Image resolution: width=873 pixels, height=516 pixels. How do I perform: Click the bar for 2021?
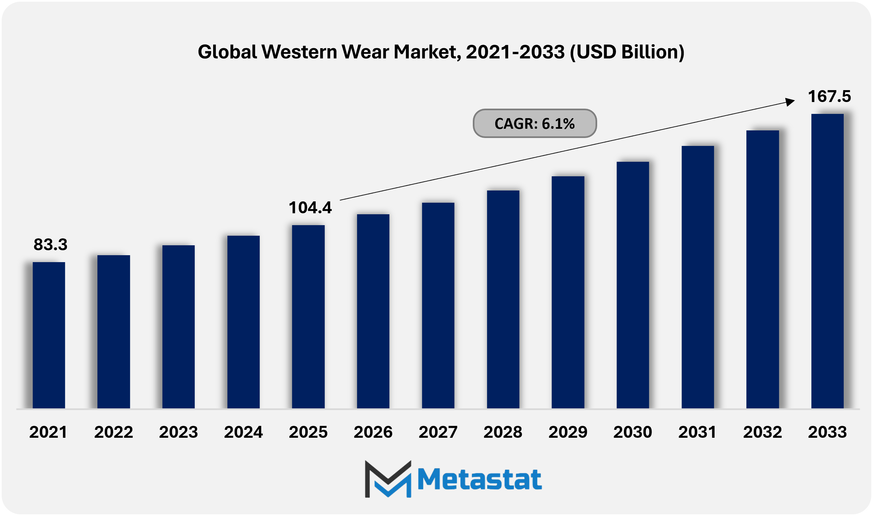[48, 335]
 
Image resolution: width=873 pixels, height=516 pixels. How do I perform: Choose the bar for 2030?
[632, 285]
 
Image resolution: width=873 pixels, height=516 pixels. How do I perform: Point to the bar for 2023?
[178, 327]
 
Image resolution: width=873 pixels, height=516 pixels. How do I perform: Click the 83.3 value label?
[50, 244]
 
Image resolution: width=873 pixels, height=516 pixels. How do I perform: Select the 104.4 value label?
[310, 208]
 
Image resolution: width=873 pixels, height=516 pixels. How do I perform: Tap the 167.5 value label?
[829, 96]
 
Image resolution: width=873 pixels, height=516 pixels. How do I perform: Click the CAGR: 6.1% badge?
[534, 123]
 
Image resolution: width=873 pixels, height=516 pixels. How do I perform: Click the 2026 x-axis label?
[373, 432]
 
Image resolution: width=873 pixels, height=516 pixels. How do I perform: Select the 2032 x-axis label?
[762, 432]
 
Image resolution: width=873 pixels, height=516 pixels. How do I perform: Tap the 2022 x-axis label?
[113, 432]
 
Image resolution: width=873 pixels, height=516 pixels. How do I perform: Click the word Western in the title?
[299, 52]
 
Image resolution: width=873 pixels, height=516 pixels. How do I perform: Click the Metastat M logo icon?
[388, 479]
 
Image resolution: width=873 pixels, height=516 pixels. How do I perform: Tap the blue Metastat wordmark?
[479, 479]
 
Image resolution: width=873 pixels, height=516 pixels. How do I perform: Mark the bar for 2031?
[697, 277]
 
